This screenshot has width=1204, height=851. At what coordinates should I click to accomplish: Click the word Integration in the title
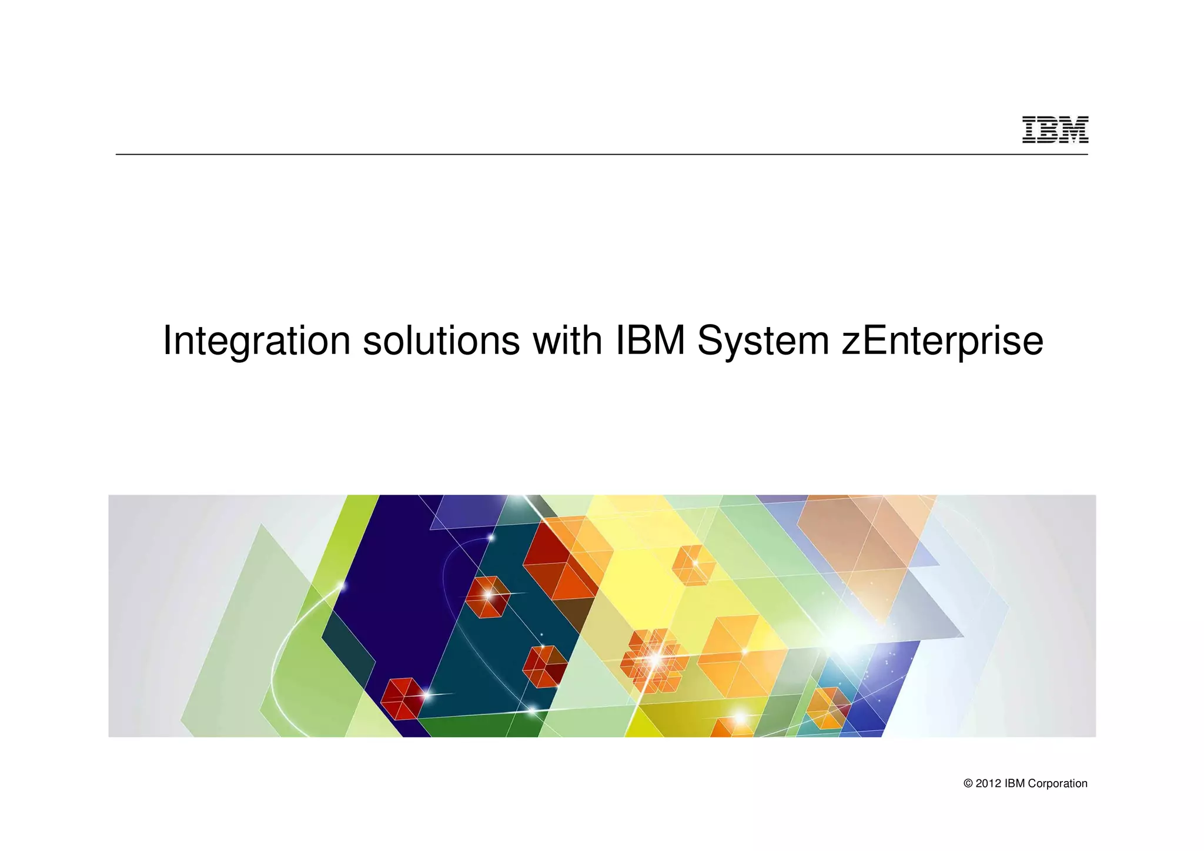[256, 341]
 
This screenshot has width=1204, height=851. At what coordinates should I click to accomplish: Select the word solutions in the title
[441, 341]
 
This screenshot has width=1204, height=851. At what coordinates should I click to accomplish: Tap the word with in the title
[567, 341]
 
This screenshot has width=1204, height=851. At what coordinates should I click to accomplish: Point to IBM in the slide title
[650, 341]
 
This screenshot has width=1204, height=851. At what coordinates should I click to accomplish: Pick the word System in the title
[762, 341]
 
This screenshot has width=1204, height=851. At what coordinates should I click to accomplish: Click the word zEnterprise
[942, 341]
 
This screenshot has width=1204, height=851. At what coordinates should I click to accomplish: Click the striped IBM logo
[1055, 129]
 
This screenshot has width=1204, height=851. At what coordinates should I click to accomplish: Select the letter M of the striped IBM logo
[1075, 129]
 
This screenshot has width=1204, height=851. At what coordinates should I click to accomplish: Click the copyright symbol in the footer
[968, 784]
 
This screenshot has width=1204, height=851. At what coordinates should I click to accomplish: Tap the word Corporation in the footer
[1058, 784]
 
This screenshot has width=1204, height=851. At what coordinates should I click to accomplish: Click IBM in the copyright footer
[1015, 784]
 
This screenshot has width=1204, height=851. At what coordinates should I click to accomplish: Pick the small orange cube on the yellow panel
[694, 565]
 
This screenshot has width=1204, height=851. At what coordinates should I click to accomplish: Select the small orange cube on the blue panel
[828, 708]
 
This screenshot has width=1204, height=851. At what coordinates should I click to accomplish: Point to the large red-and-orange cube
[558, 559]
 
